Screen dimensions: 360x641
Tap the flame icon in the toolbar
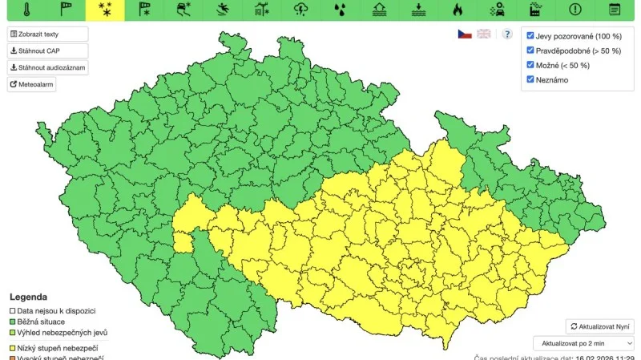click(458, 10)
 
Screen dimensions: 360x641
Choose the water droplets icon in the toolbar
click(341, 10)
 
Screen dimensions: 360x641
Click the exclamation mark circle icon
click(574, 10)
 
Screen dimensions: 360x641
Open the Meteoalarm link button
click(32, 84)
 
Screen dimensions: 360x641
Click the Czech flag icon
click(465, 34)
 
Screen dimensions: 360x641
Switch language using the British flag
click(484, 34)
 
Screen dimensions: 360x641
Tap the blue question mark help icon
click(506, 34)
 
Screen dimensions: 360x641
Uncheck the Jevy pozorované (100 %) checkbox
click(530, 36)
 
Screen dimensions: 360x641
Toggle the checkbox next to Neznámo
click(530, 79)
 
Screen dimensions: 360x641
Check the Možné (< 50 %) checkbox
click(530, 65)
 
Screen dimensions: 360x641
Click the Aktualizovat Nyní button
click(600, 326)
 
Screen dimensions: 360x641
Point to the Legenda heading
click(28, 297)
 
